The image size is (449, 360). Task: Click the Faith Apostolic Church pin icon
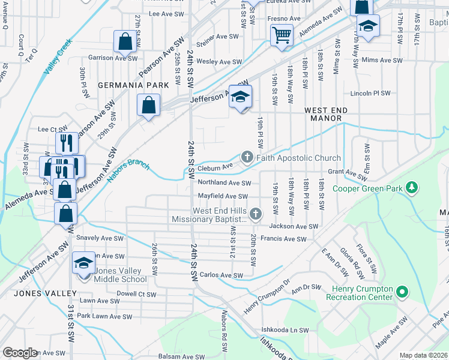click(x=247, y=158)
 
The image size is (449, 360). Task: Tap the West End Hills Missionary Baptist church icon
click(x=256, y=214)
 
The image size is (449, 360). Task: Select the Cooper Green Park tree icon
click(x=412, y=187)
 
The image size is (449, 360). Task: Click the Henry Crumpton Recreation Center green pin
click(x=402, y=293)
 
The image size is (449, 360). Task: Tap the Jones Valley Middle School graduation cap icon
click(x=83, y=263)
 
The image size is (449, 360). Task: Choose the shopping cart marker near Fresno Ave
click(x=281, y=34)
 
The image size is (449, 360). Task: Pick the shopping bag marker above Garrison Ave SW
click(x=125, y=41)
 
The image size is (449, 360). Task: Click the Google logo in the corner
click(x=20, y=353)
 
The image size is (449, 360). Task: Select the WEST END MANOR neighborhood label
click(x=331, y=115)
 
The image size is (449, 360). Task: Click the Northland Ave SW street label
click(x=224, y=183)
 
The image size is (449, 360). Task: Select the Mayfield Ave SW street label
click(x=223, y=196)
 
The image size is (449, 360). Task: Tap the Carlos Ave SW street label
click(x=221, y=275)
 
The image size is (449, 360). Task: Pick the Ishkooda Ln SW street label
click(x=285, y=331)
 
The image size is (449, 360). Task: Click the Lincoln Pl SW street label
click(x=370, y=94)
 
